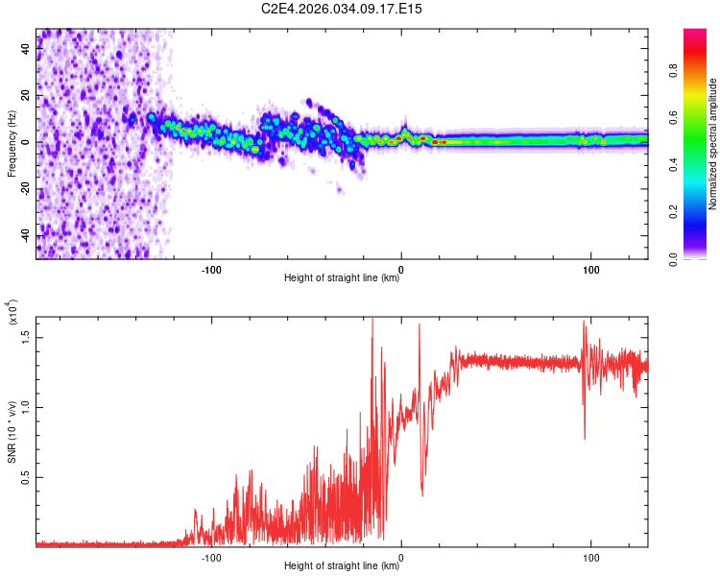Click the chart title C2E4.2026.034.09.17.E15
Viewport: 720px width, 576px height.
(x=342, y=10)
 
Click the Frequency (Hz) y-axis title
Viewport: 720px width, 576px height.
(x=12, y=143)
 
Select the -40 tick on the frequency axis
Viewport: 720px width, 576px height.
(x=25, y=235)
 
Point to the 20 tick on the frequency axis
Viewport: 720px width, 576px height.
(x=25, y=95)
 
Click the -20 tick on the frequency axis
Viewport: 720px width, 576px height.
(x=25, y=189)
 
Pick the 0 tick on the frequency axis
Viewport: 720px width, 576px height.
(x=25, y=142)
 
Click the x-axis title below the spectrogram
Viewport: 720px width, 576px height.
(x=342, y=277)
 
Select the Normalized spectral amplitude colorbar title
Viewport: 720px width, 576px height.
(x=713, y=143)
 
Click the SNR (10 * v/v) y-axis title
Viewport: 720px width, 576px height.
(x=12, y=431)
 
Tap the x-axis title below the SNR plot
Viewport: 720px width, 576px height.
(x=342, y=565)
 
